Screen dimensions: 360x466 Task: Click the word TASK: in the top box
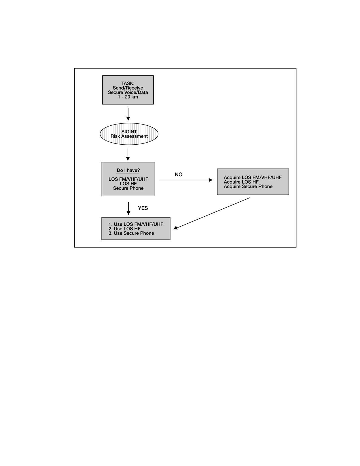(128, 83)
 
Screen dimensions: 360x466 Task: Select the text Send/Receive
(128, 88)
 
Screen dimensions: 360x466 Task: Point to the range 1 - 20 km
(128, 97)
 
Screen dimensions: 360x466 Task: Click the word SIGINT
(129, 132)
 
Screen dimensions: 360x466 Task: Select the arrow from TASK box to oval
(128, 114)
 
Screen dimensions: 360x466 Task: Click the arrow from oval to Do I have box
(128, 154)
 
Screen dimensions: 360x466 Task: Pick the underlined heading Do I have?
(128, 170)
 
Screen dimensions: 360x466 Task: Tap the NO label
(179, 175)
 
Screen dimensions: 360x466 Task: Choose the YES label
(143, 208)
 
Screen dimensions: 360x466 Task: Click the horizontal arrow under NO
(186, 180)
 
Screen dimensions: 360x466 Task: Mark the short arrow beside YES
(128, 208)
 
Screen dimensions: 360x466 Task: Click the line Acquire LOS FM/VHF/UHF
(253, 177)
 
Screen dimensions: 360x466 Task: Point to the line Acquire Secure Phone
(248, 186)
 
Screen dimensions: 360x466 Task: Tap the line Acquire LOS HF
(241, 182)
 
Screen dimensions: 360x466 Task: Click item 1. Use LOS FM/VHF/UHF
(136, 224)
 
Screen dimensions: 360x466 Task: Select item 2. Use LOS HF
(124, 228)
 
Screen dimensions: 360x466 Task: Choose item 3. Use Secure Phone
(131, 233)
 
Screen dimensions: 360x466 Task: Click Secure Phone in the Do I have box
(128, 188)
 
